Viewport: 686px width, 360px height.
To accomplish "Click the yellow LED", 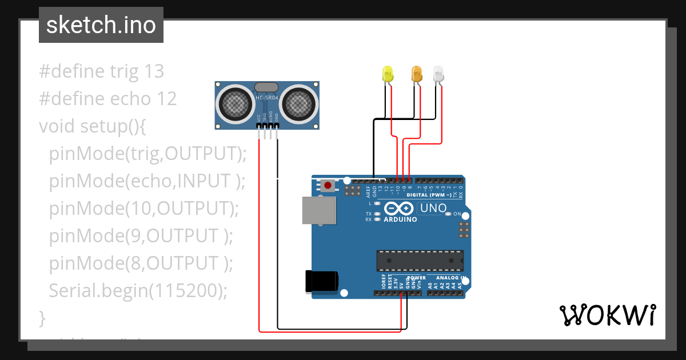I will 388,73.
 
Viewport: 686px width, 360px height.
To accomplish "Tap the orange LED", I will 417,73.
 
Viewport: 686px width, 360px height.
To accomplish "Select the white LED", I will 438,73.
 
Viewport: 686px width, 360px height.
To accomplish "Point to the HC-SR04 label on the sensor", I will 267,98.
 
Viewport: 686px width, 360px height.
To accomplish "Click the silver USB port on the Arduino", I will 319,210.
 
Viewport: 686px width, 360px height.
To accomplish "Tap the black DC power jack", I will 322,281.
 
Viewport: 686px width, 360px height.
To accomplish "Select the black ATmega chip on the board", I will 420,260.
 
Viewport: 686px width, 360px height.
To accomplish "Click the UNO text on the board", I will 433,208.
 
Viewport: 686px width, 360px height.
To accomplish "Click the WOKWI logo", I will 607,315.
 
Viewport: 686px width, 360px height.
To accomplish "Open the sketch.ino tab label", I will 101,25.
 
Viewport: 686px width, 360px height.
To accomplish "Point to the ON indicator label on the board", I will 457,214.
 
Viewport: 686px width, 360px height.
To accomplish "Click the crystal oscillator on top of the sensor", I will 266,87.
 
